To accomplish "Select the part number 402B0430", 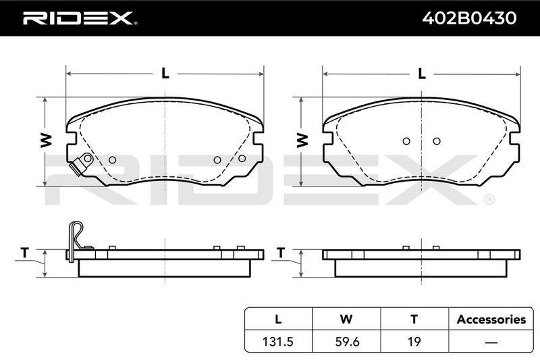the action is [x=469, y=18].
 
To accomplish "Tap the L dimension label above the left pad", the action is [x=165, y=74].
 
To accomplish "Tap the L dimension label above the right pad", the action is [x=422, y=74].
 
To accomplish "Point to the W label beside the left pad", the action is [x=46, y=140].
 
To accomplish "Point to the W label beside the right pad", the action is [x=302, y=140].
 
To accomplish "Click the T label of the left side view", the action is [x=24, y=253].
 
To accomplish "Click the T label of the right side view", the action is [x=281, y=253].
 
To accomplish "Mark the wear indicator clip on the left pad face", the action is [x=81, y=163].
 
